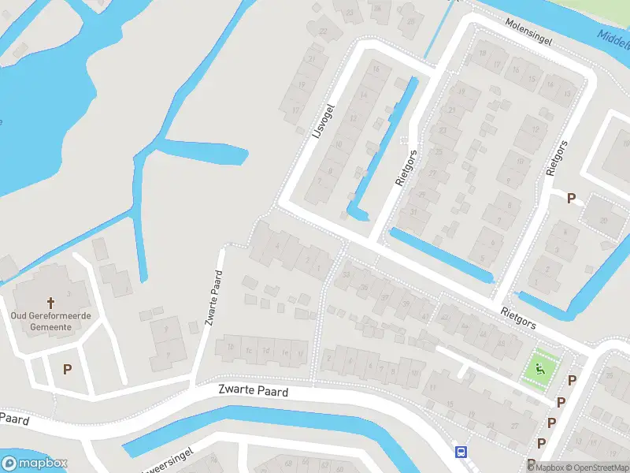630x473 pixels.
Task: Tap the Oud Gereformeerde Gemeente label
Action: pyautogui.click(x=51, y=321)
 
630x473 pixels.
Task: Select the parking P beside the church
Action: pyautogui.click(x=67, y=369)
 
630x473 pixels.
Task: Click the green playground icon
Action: pyautogui.click(x=539, y=367)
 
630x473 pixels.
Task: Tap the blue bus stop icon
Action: pyautogui.click(x=461, y=453)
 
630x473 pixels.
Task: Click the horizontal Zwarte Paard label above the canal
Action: pyautogui.click(x=253, y=391)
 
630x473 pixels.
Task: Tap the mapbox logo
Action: pyautogui.click(x=34, y=464)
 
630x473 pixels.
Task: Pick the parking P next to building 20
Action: pyautogui.click(x=571, y=199)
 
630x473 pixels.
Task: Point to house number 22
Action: pyautogui.click(x=324, y=32)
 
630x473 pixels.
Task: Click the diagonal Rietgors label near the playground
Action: pyautogui.click(x=518, y=318)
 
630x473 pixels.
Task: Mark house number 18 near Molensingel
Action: pyautogui.click(x=483, y=54)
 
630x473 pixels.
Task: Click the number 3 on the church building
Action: pyautogui.click(x=69, y=294)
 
